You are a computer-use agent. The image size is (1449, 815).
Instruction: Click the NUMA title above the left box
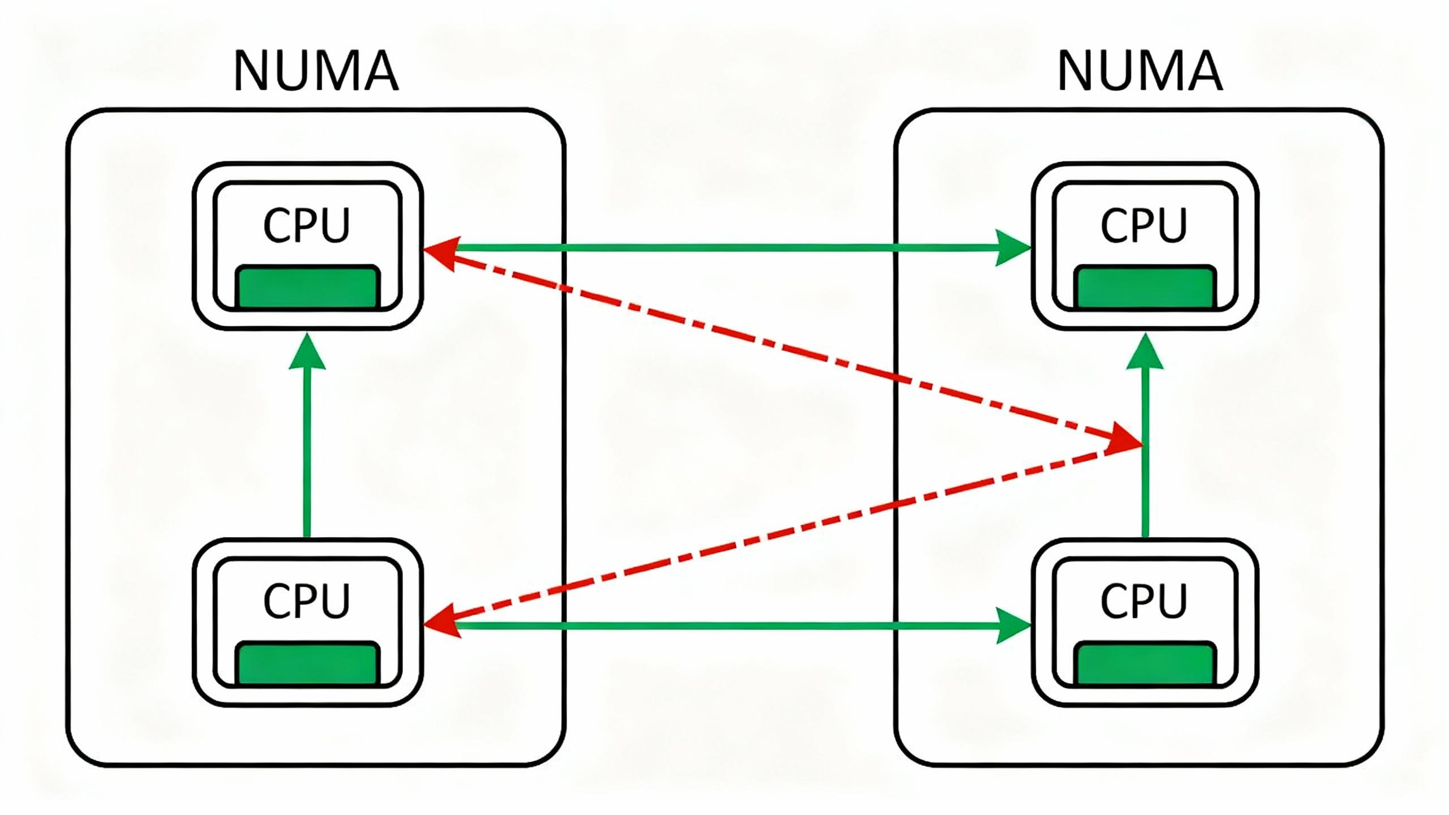pos(316,71)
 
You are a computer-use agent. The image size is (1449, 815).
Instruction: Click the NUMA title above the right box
pos(1140,71)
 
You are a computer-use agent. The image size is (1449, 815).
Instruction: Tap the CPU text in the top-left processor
pos(307,225)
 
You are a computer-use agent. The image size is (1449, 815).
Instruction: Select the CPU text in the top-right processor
pos(1143,225)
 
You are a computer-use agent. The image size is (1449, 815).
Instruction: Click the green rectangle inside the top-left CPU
pos(307,286)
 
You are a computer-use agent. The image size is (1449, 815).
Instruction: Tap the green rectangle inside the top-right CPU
pos(1144,286)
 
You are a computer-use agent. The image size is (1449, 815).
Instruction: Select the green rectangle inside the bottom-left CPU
pos(307,663)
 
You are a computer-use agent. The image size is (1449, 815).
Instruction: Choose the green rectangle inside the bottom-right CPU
pos(1144,663)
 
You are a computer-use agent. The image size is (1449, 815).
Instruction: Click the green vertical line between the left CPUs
pos(307,453)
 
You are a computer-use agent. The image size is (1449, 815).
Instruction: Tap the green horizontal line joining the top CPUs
pos(724,248)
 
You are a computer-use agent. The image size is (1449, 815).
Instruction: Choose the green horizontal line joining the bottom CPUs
pos(724,625)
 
